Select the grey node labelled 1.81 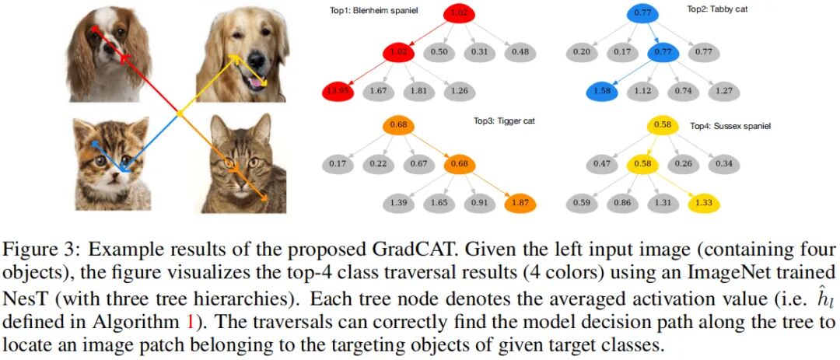click(422, 91)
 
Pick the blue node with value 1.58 click(602, 91)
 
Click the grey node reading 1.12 click(642, 91)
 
